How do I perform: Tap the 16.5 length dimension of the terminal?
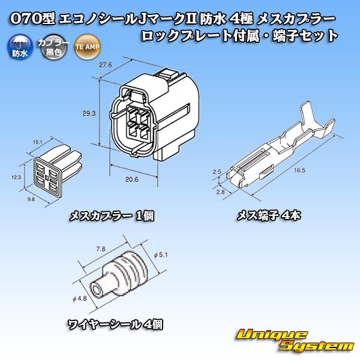292,170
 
